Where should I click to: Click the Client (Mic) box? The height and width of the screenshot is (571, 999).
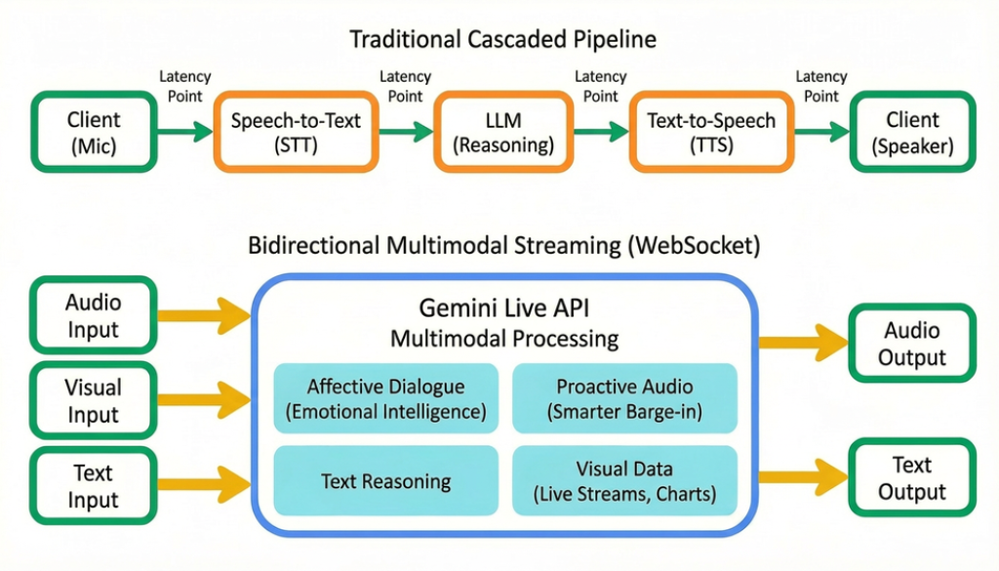click(94, 133)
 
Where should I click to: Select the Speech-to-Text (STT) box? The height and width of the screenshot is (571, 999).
click(295, 133)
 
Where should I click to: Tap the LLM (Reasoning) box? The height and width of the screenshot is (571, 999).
click(502, 133)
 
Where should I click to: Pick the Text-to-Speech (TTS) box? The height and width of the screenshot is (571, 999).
click(711, 133)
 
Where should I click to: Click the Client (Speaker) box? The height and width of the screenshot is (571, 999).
click(912, 133)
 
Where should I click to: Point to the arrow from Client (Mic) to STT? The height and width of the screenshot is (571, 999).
click(184, 131)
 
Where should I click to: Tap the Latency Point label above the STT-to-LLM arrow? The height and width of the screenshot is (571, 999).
click(405, 86)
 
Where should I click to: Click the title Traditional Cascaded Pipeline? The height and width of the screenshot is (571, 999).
click(502, 40)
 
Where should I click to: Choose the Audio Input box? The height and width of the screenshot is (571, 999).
click(94, 314)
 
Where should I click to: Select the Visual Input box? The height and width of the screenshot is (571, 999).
click(94, 400)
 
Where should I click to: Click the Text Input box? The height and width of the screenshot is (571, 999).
click(94, 486)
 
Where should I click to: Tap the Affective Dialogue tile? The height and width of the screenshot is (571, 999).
click(385, 399)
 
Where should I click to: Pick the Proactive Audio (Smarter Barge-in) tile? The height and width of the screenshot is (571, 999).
click(623, 399)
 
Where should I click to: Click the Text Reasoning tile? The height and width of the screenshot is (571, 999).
click(385, 480)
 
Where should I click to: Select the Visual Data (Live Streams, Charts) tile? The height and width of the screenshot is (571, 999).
click(623, 480)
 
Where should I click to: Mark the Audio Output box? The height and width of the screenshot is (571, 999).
click(912, 343)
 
